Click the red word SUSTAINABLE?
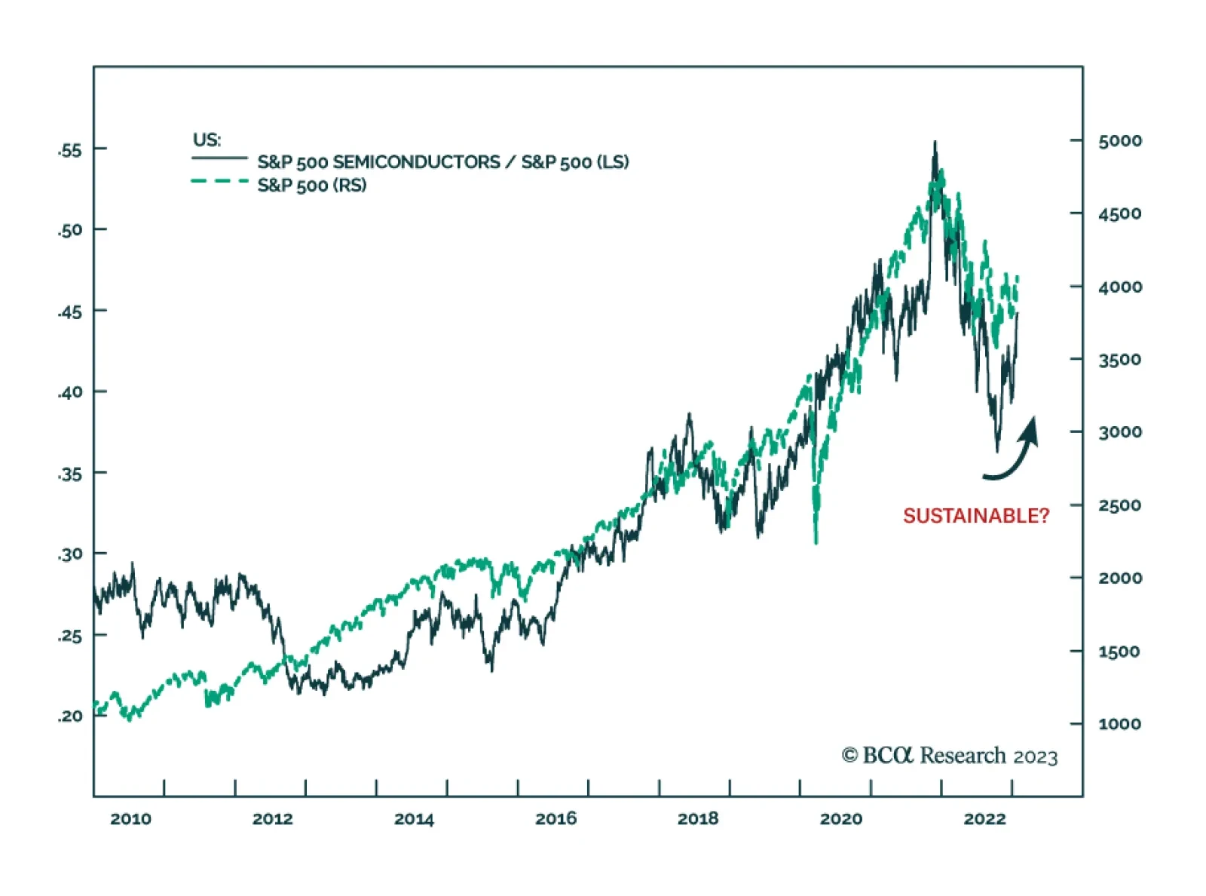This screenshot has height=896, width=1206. click(x=975, y=516)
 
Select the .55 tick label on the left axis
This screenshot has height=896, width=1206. click(x=70, y=150)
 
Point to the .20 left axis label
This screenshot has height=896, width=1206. click(x=70, y=716)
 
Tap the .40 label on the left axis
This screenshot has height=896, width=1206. click(x=70, y=392)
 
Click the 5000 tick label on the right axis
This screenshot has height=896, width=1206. click(x=1119, y=141)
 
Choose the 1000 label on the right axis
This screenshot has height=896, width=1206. click(x=1119, y=724)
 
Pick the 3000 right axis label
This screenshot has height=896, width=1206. click(x=1119, y=432)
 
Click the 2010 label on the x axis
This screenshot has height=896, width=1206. click(x=130, y=819)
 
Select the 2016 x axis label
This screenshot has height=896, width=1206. click(x=556, y=819)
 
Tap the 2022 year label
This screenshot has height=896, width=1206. click(x=984, y=819)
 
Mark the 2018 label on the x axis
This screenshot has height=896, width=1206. click(x=698, y=819)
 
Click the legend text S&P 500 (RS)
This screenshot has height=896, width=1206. click(x=311, y=186)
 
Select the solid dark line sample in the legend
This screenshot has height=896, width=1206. click(x=219, y=158)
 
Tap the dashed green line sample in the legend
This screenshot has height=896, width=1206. click(x=219, y=181)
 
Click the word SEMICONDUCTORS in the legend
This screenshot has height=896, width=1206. click(x=416, y=162)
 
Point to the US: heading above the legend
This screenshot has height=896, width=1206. click(x=207, y=140)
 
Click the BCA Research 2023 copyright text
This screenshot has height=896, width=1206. click(x=949, y=756)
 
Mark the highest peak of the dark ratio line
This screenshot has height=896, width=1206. click(x=935, y=143)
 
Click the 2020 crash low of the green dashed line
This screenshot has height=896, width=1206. click(x=816, y=541)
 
